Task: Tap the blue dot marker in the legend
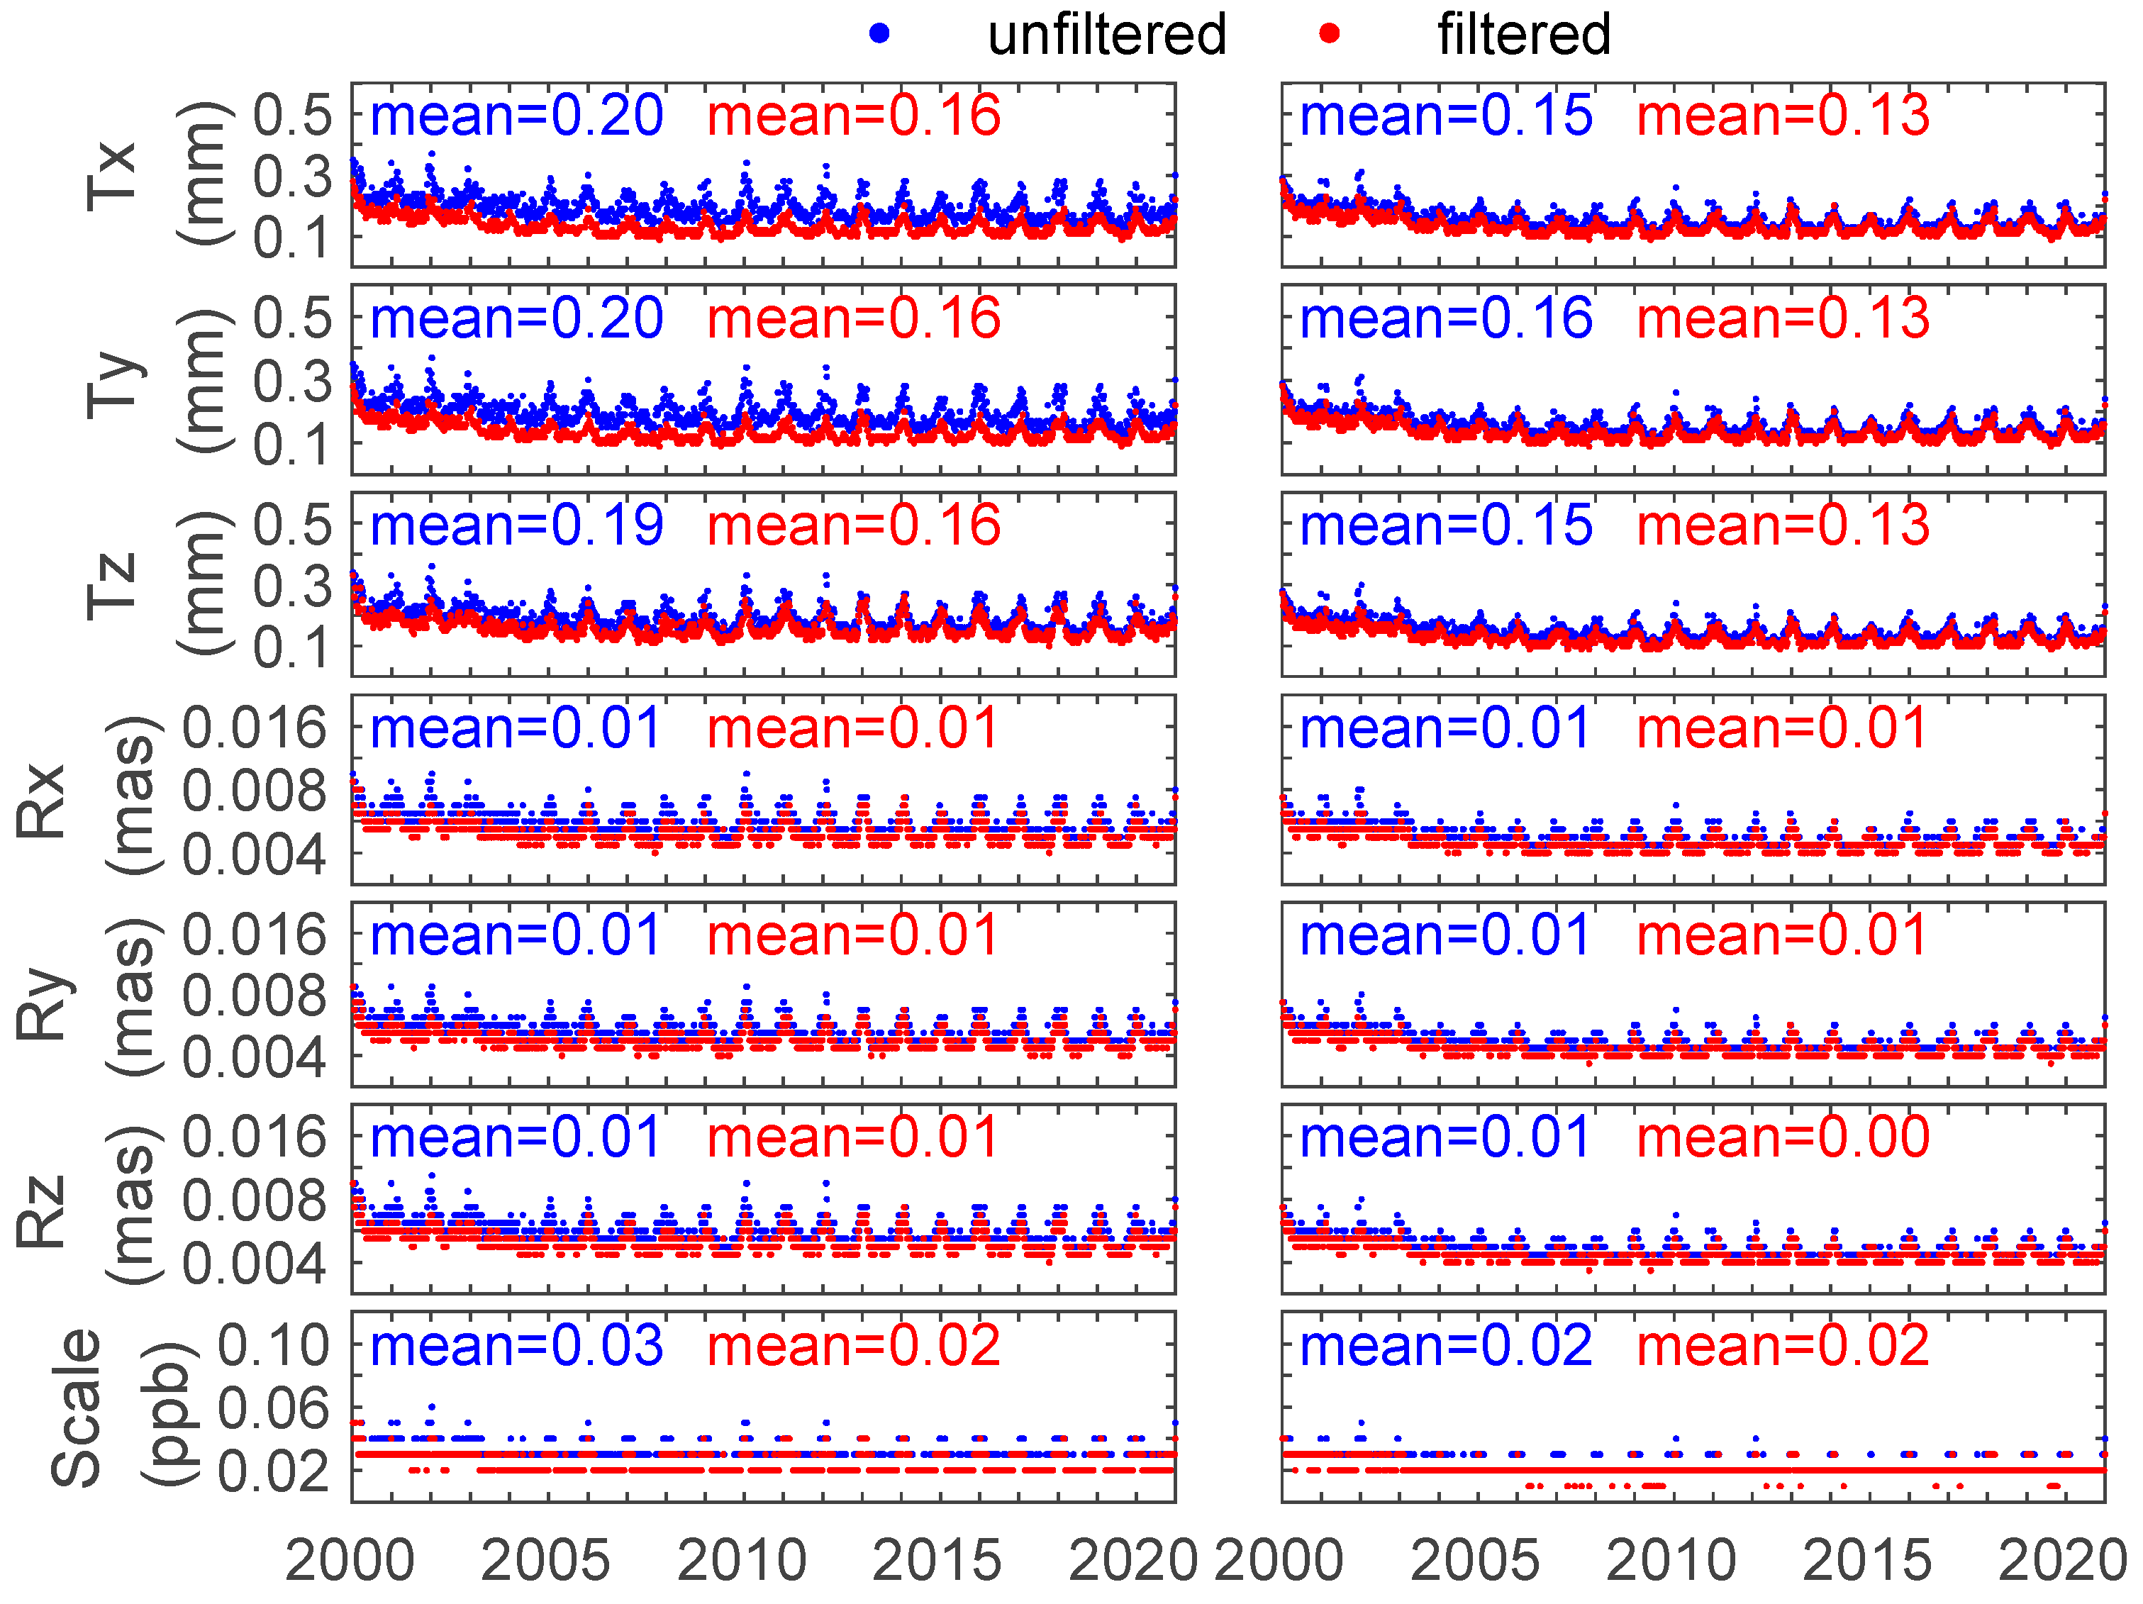879,35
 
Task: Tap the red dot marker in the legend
1329,35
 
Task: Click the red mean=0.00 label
1783,1137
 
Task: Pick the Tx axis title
111,175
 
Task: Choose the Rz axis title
40,1210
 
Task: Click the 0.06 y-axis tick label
273,1408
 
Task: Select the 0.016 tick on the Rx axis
255,728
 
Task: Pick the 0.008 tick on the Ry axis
255,997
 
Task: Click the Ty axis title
111,383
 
